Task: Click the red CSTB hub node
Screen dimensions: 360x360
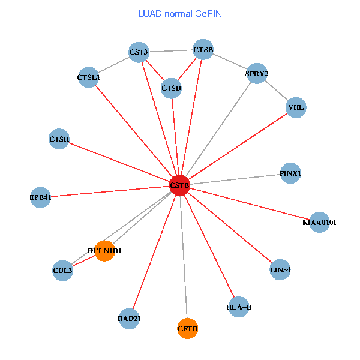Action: [x=179, y=186]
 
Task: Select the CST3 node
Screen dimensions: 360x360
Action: [x=139, y=52]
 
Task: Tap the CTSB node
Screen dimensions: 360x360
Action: [x=203, y=49]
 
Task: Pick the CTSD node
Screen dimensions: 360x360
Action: [x=172, y=89]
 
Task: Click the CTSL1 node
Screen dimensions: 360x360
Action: [x=89, y=77]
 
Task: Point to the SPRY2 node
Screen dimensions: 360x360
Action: [x=257, y=74]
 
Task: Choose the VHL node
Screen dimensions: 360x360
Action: [x=296, y=108]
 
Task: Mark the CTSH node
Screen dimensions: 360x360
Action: [x=59, y=140]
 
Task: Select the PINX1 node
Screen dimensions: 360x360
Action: [x=290, y=174]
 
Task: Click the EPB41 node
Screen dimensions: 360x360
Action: [x=41, y=197]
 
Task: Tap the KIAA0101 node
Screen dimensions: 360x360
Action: [x=319, y=223]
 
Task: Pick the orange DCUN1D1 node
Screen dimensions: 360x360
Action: [x=104, y=251]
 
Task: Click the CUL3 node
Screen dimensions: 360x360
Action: [x=62, y=271]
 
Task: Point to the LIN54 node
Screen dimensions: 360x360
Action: [x=280, y=270]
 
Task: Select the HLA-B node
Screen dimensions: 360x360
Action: [x=239, y=307]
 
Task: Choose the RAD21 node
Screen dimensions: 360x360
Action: [x=129, y=319]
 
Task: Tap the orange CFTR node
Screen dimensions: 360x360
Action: [x=188, y=329]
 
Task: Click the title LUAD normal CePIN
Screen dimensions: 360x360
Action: [x=180, y=13]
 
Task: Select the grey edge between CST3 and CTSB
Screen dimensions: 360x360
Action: [x=171, y=51]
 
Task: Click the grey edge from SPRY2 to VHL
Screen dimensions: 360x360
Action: [x=277, y=91]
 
